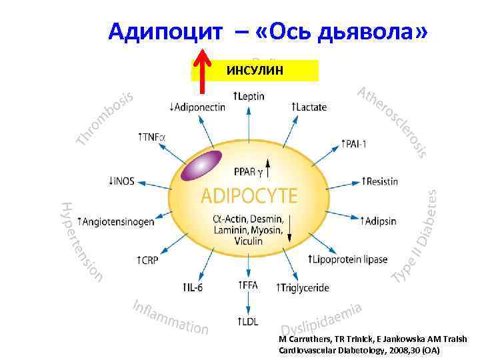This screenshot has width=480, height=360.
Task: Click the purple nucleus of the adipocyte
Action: [204, 166]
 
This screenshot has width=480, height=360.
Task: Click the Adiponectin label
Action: [197, 106]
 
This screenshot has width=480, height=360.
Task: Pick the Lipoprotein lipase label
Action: [349, 259]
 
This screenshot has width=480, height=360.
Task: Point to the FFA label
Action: [247, 285]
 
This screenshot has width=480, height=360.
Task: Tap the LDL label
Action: [247, 322]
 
